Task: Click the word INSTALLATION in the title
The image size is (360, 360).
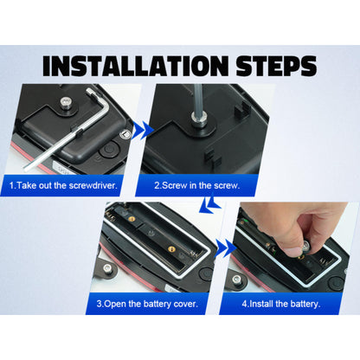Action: (135, 66)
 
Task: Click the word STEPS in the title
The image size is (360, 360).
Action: (276, 66)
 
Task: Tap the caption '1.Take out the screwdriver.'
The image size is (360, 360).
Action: (63, 185)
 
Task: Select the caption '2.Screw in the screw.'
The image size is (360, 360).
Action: (197, 185)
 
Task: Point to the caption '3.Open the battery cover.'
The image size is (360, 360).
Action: (147, 304)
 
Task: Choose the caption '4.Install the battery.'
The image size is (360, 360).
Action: (281, 304)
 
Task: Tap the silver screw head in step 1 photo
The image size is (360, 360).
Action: (66, 102)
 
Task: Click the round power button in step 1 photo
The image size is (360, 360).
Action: (109, 150)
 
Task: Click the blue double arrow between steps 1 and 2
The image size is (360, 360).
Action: (143, 131)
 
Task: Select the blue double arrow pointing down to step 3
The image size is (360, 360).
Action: (210, 205)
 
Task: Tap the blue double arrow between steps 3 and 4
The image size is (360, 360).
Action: (226, 248)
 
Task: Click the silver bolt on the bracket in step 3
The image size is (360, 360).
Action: (107, 269)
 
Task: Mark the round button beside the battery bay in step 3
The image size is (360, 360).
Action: (207, 273)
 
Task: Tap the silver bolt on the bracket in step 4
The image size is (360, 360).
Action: (237, 280)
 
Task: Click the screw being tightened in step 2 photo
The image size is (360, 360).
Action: (199, 119)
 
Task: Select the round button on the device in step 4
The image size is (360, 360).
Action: (336, 283)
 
